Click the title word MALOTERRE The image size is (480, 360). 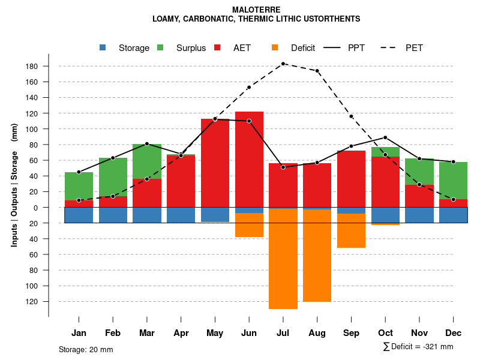(x=256, y=10)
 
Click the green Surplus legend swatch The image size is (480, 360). (x=160, y=48)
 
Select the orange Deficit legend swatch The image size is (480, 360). (x=275, y=48)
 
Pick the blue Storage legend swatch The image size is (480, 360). (x=103, y=48)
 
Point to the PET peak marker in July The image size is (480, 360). (x=283, y=64)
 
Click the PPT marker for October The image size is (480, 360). (x=385, y=137)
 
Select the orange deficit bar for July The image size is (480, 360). (x=283, y=258)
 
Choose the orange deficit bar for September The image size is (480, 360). (x=351, y=230)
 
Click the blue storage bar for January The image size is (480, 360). (x=79, y=215)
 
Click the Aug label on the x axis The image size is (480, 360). (x=317, y=333)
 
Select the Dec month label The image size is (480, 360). (x=454, y=333)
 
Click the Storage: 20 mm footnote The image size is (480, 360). (x=86, y=349)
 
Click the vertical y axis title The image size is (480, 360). (x=14, y=184)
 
